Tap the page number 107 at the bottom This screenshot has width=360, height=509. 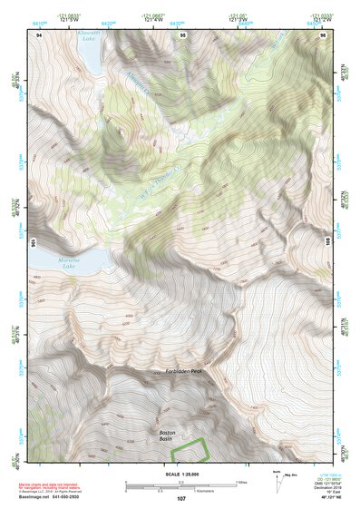tap(180, 498)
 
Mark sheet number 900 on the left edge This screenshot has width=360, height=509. tap(33, 243)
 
